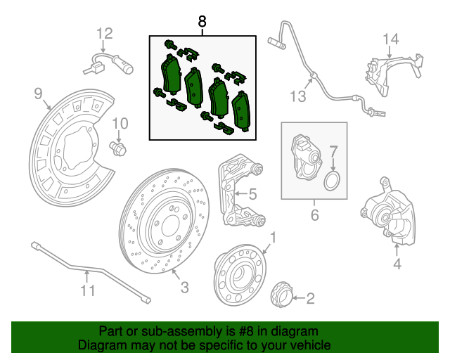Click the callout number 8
click(x=202, y=21)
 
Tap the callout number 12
click(x=104, y=32)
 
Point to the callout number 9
click(x=38, y=92)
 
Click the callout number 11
click(x=86, y=289)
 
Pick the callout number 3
click(x=185, y=287)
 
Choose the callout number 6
click(x=314, y=215)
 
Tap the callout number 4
click(x=397, y=264)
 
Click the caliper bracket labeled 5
click(x=236, y=193)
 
